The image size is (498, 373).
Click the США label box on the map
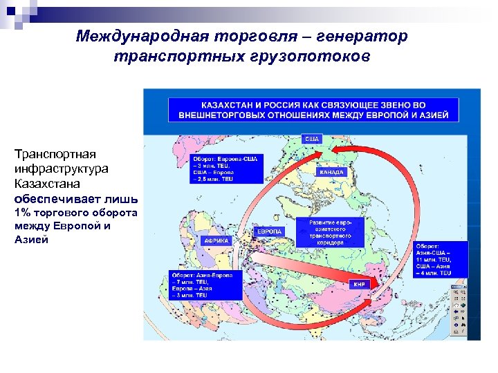click(311, 139)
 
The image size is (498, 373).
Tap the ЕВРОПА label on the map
click(270, 231)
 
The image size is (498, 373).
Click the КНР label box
click(360, 284)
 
